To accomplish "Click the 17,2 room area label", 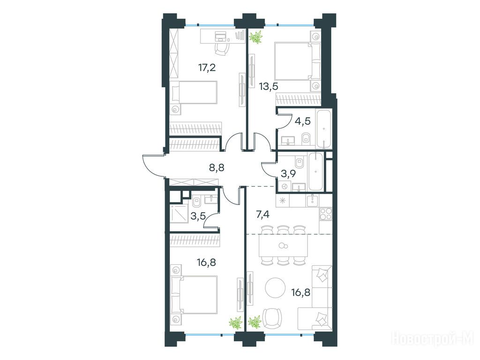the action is point(207,67).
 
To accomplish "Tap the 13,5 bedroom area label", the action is point(269,86).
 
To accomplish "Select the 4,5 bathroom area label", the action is point(302,121).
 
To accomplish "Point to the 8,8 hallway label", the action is point(217,167).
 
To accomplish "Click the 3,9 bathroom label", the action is point(288,173).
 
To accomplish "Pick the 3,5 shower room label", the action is point(198,216).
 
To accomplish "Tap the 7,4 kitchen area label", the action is point(262,215).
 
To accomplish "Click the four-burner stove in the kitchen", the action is point(325,214).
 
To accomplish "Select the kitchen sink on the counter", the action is point(312,201).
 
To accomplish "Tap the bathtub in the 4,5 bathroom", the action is point(324,129).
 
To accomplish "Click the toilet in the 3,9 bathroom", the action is point(300,162).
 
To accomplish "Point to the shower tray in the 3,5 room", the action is point(180,214).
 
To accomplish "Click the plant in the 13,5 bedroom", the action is point(256,37).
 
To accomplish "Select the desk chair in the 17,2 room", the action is point(222,48).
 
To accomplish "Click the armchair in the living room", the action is point(272,318).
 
